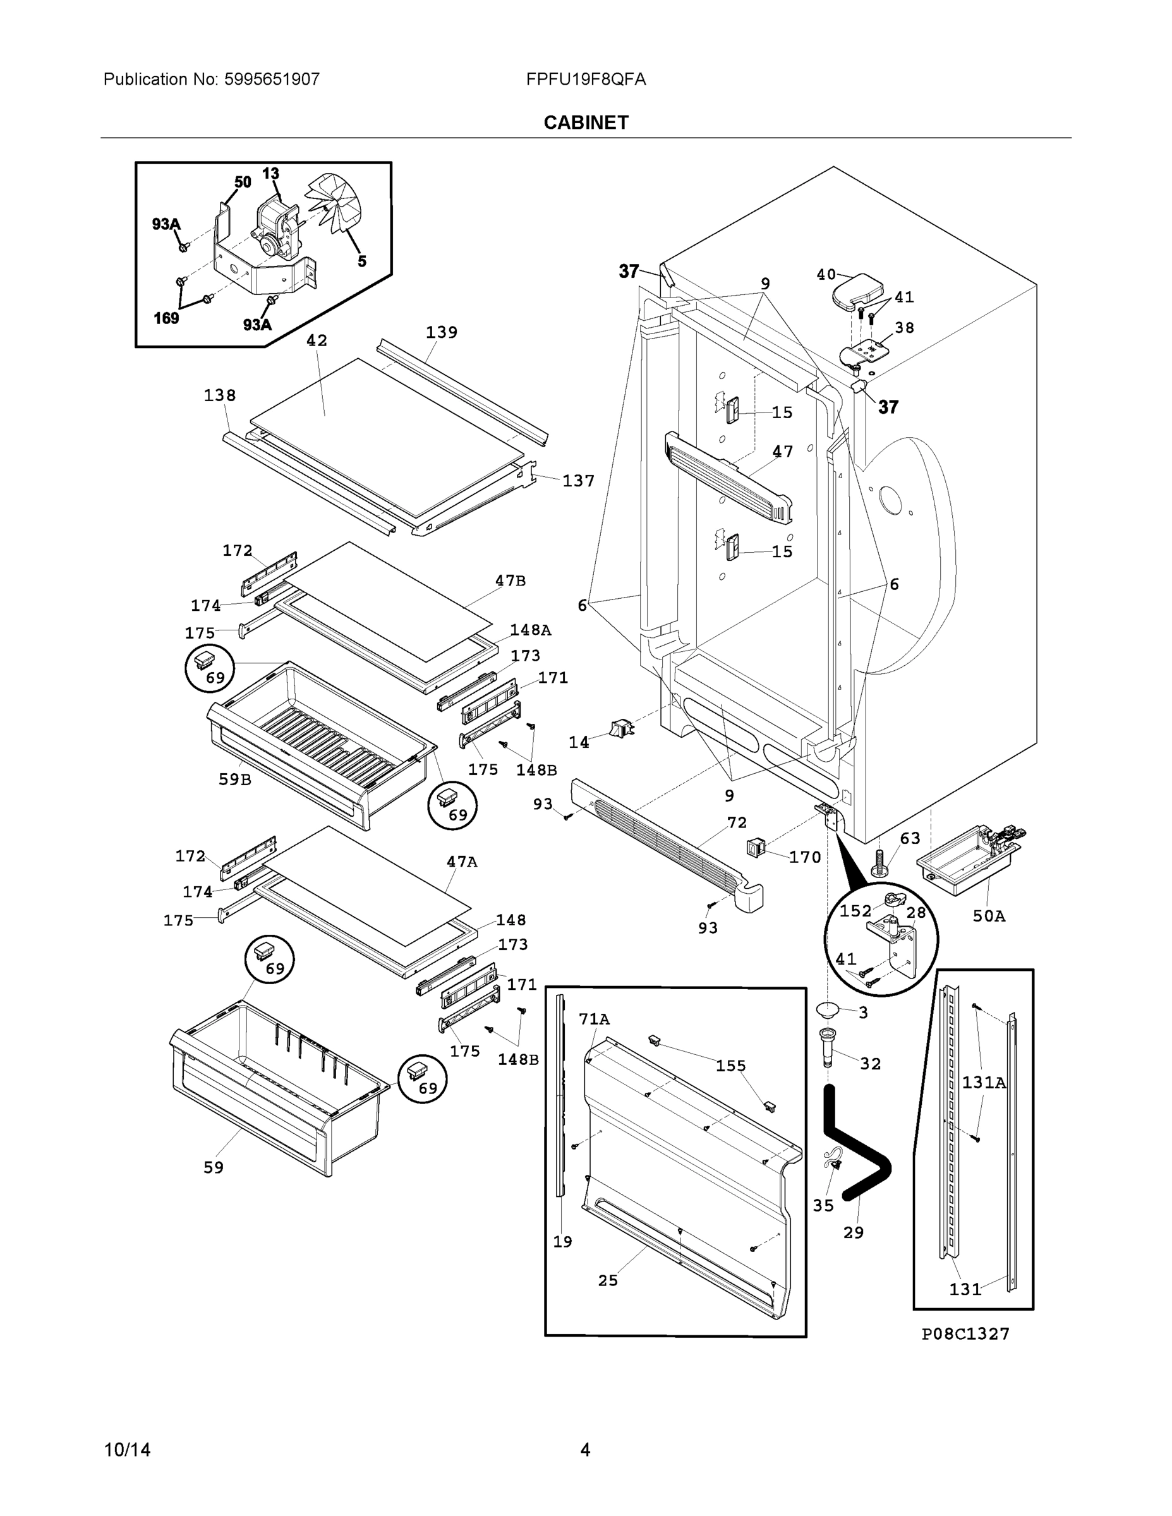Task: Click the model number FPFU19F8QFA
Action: (x=585, y=79)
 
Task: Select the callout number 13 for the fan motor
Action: (x=270, y=173)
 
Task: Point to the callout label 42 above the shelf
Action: (x=317, y=340)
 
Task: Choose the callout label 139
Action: (x=442, y=332)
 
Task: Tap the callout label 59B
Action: (x=234, y=779)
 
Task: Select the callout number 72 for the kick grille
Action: (x=737, y=822)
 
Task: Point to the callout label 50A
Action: (x=989, y=917)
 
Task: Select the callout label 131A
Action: (x=983, y=1082)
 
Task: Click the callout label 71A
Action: (x=594, y=1019)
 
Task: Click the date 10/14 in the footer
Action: (x=127, y=1450)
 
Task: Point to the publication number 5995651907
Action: (x=272, y=79)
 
